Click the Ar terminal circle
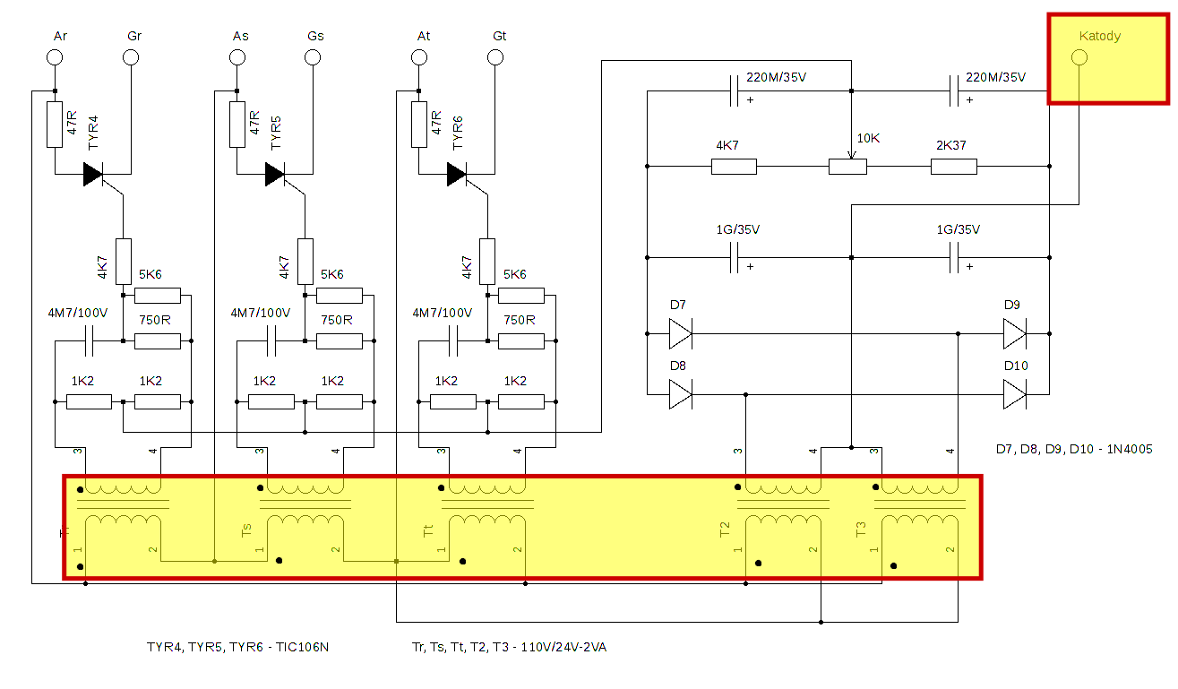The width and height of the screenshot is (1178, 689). (x=55, y=57)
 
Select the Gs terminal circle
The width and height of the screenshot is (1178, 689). (x=313, y=57)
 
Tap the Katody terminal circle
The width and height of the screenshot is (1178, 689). (x=1079, y=57)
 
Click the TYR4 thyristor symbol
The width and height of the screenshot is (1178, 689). (x=93, y=174)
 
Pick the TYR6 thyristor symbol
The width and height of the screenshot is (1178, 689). (x=457, y=174)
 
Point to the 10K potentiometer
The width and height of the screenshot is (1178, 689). (x=847, y=166)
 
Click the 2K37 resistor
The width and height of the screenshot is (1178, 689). (x=954, y=166)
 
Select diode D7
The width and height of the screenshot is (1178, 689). (x=680, y=335)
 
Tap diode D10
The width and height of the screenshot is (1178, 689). (x=1014, y=394)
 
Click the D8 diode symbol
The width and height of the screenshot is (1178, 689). (x=680, y=394)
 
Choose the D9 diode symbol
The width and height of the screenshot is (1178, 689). (x=1014, y=335)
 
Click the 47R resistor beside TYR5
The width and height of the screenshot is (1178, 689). (x=237, y=124)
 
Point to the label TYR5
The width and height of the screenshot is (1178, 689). (x=276, y=132)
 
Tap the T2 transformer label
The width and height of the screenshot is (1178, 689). (x=725, y=530)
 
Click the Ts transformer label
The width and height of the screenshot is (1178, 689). (x=246, y=530)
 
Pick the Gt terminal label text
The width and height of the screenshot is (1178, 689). (x=499, y=36)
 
